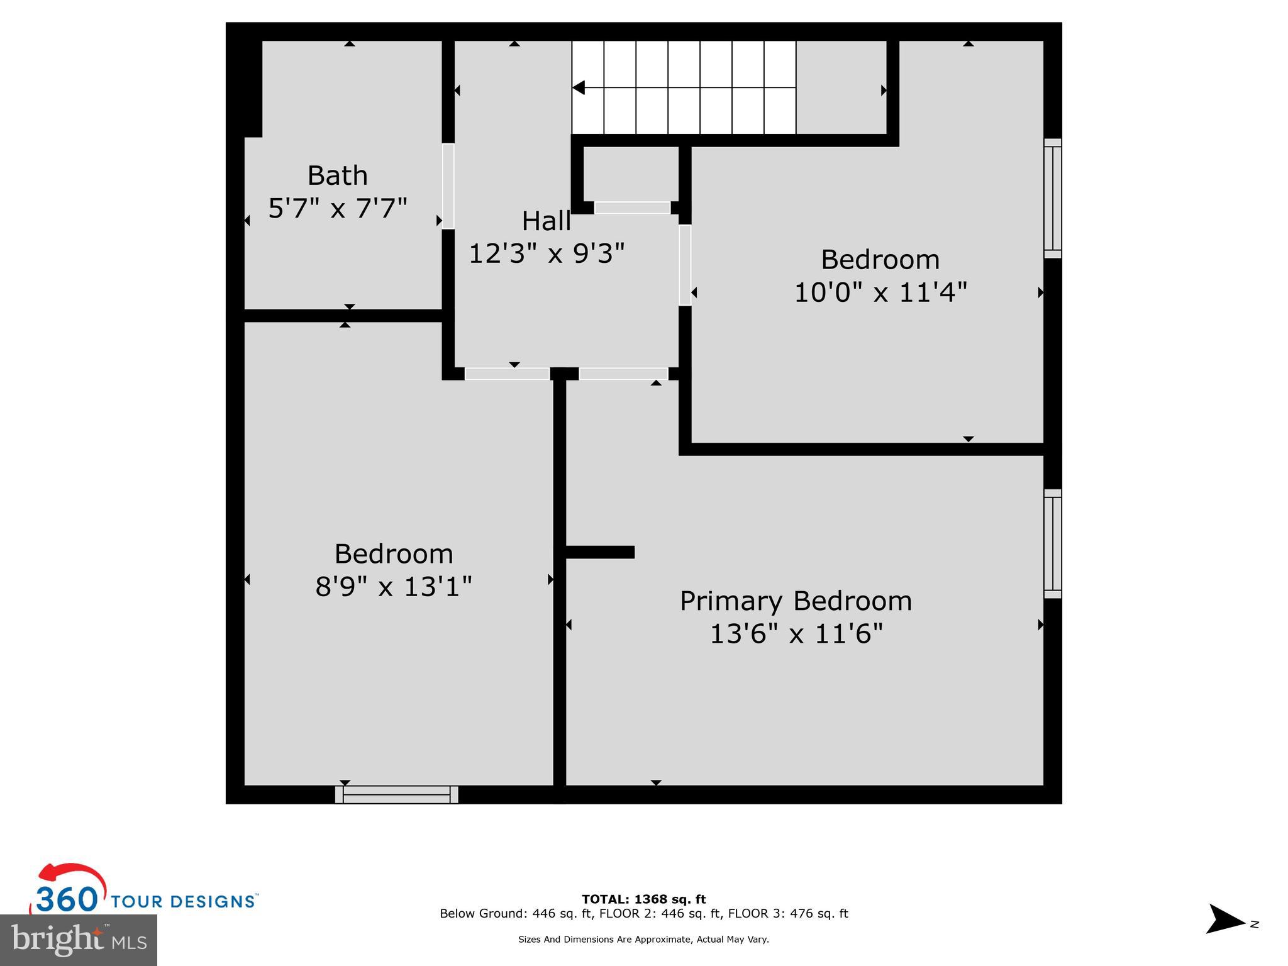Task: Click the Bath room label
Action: click(337, 175)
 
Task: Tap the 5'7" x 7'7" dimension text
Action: click(338, 208)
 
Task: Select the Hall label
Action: click(546, 221)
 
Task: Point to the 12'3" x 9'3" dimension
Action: click(547, 253)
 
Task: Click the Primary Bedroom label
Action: click(796, 601)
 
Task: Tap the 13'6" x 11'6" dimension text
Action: click(796, 633)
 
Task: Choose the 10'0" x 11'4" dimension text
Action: click(880, 292)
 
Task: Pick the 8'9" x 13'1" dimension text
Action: click(393, 587)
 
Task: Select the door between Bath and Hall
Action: click(448, 186)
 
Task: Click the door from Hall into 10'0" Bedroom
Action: click(685, 265)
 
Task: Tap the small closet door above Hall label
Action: click(632, 208)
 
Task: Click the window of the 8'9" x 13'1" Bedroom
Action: click(396, 794)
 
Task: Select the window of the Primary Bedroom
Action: click(1052, 543)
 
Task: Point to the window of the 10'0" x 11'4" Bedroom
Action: click(1052, 198)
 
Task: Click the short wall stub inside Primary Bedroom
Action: click(600, 552)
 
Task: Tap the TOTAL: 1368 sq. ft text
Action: click(643, 899)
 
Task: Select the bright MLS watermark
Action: click(79, 940)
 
